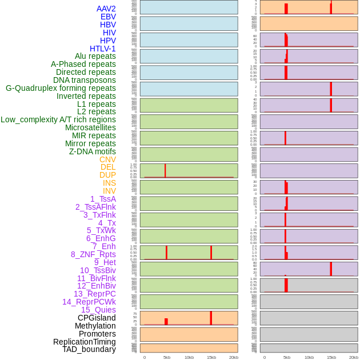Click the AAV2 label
[106, 9]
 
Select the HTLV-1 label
[102, 49]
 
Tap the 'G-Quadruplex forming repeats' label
[61, 88]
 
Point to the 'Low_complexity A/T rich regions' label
[58, 119]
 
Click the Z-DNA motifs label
[92, 151]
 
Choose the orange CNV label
[107, 159]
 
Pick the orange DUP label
[107, 175]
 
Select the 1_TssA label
[103, 199]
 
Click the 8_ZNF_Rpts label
[93, 254]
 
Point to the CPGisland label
[97, 318]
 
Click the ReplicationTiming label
[84, 342]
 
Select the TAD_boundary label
[89, 349]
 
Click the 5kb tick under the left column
[167, 357]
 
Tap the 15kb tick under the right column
[331, 357]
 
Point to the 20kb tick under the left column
[234, 357]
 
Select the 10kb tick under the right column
[309, 357]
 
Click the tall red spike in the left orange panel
[211, 318]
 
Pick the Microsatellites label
[90, 127]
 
